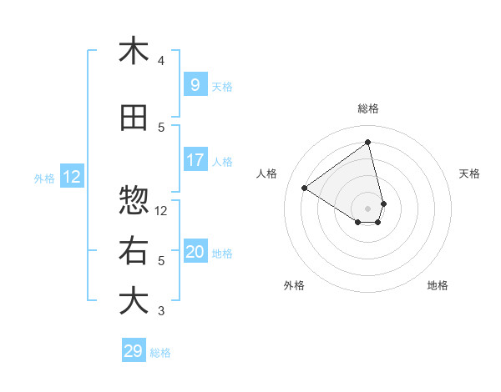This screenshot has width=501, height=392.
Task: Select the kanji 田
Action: [x=134, y=118]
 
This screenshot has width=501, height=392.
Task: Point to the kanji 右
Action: [x=134, y=251]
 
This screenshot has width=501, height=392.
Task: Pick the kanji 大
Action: [x=134, y=301]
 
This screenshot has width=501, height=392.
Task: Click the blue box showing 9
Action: [x=195, y=84]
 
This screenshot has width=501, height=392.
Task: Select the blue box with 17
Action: [x=195, y=160]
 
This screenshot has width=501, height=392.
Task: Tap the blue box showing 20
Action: [x=195, y=252]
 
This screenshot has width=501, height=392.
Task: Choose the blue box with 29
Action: [x=133, y=351]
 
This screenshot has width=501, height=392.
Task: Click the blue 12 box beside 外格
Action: [x=71, y=176]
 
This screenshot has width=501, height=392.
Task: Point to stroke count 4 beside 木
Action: [x=161, y=61]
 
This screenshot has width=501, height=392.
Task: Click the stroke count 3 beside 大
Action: [x=161, y=311]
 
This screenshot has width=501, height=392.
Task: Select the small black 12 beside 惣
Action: [x=161, y=210]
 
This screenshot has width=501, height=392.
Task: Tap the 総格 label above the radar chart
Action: [x=368, y=108]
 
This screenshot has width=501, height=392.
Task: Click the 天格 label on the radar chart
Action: [x=469, y=173]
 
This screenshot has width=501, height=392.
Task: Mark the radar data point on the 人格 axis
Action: [x=305, y=188]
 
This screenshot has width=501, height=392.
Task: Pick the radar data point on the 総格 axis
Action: [x=368, y=142]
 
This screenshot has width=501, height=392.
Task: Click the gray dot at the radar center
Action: [x=368, y=208]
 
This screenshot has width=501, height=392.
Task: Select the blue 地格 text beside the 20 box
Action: [x=223, y=254]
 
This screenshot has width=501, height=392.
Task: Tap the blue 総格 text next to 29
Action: [x=160, y=353]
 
